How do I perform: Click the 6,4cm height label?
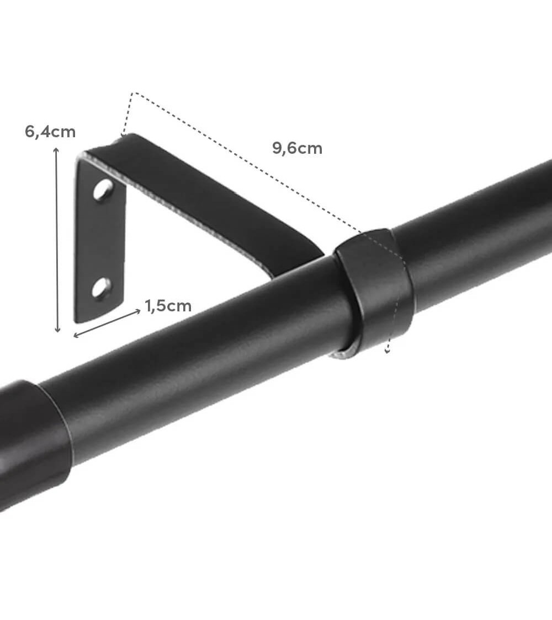click(x=50, y=132)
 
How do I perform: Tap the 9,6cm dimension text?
click(x=297, y=148)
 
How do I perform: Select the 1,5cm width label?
click(x=168, y=306)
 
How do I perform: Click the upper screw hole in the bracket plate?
click(x=103, y=190)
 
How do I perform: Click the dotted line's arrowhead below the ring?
click(x=388, y=350)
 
